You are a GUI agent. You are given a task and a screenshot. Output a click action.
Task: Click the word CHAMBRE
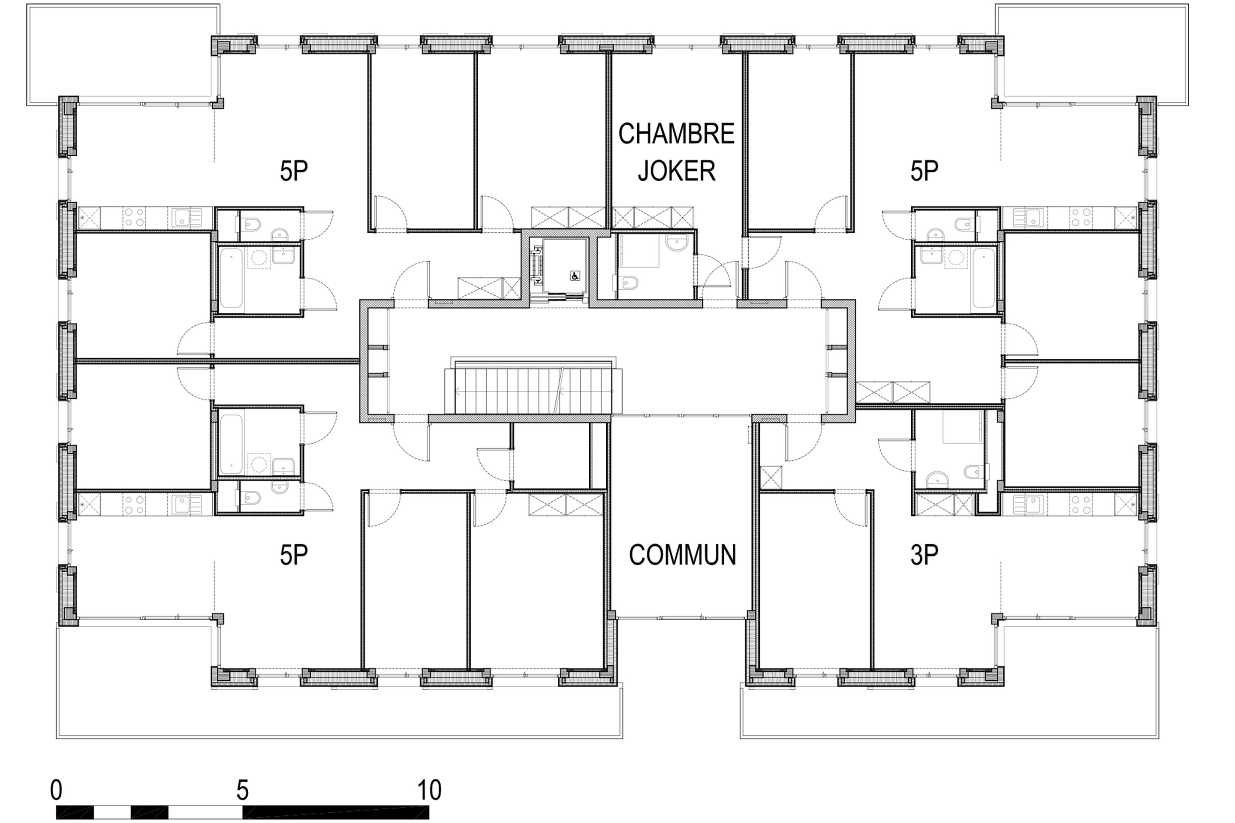(x=676, y=134)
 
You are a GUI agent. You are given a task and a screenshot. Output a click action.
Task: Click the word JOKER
(x=676, y=171)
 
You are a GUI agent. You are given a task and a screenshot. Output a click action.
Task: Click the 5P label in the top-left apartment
(x=293, y=171)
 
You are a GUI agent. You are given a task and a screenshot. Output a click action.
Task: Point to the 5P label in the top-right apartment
(x=924, y=171)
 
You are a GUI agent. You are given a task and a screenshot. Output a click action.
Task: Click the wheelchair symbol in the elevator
(x=575, y=276)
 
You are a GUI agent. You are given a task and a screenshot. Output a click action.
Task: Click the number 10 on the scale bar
(x=429, y=790)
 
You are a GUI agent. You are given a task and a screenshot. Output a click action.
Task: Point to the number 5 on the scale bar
(x=242, y=790)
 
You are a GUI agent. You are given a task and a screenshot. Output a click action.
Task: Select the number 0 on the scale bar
(x=56, y=790)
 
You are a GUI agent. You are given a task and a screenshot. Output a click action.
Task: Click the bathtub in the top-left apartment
(x=231, y=278)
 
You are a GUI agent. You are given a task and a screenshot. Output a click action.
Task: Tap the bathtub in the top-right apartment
(x=983, y=278)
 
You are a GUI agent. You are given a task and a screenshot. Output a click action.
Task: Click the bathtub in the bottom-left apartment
(x=231, y=444)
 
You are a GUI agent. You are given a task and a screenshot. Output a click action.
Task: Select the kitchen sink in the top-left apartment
(x=185, y=217)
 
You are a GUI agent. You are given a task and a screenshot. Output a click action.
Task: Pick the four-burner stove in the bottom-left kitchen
(x=134, y=505)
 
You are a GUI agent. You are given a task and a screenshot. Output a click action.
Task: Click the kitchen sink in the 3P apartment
(x=1027, y=505)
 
